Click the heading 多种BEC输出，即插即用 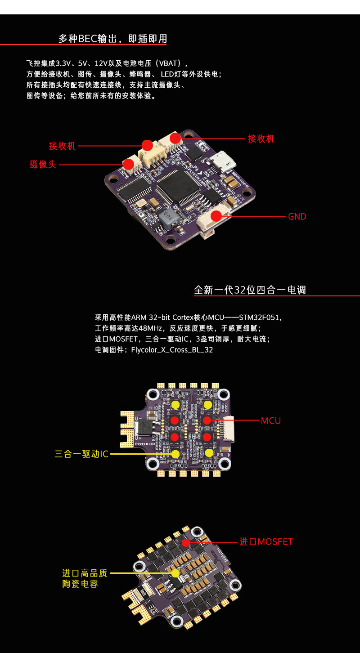112,39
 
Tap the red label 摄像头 43,165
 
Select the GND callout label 297,217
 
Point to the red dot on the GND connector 216,216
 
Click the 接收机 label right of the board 261,139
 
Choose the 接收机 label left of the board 62,146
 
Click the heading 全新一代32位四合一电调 250,290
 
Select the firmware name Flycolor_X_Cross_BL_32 172,350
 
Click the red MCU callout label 271,421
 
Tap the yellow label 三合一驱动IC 81,454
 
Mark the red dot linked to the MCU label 207,420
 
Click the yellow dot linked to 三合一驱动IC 175,454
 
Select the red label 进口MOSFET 266,542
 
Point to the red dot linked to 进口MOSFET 186,542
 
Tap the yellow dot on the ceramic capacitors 175,573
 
